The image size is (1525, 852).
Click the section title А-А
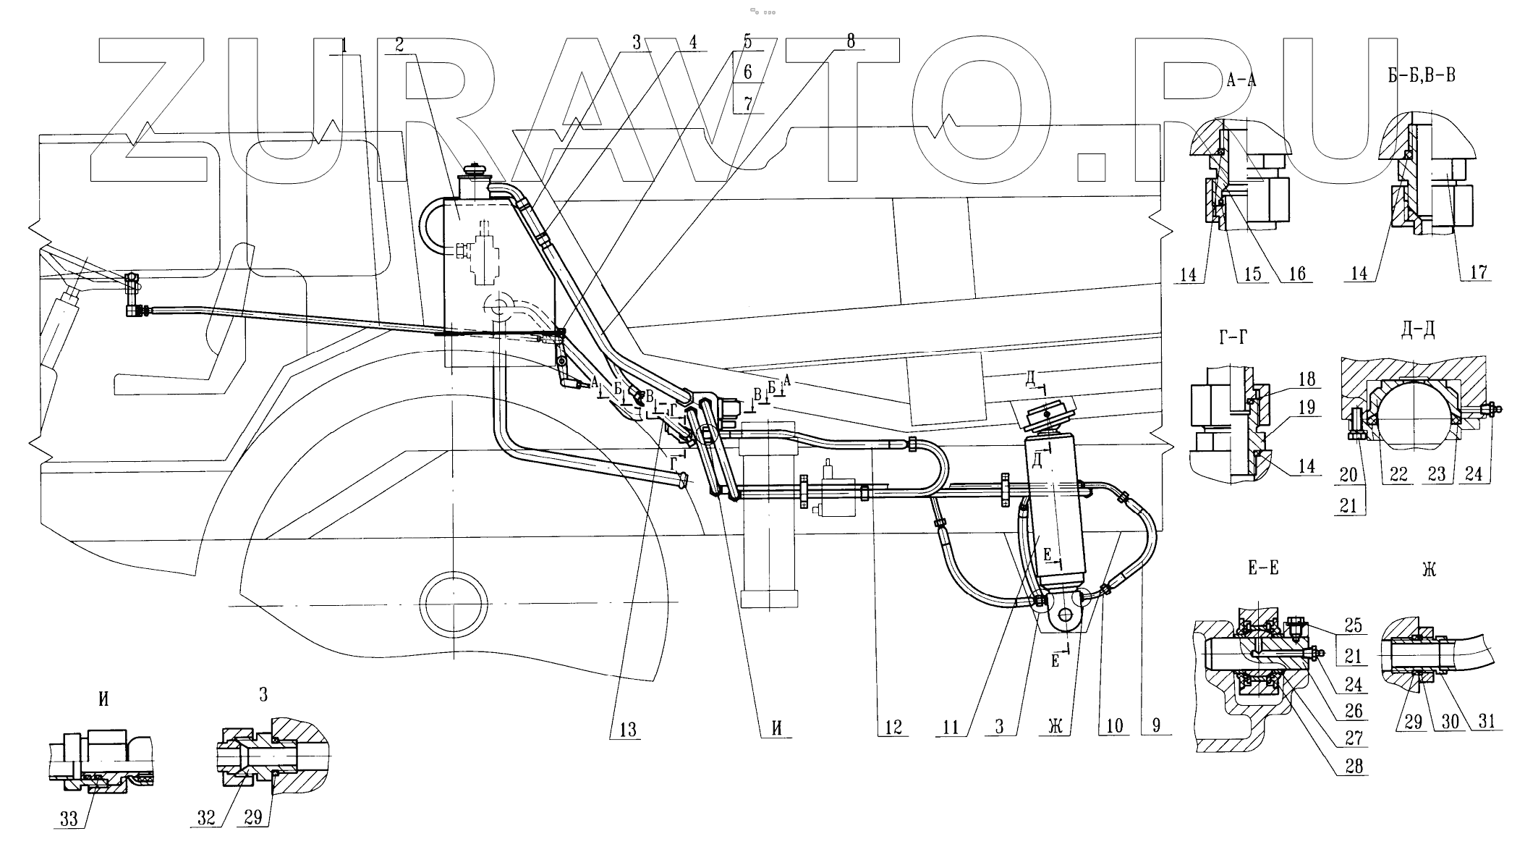(1241, 81)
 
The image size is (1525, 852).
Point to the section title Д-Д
(1418, 330)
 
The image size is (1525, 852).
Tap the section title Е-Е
(1263, 568)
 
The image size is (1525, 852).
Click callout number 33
(69, 819)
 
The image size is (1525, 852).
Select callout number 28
(1354, 766)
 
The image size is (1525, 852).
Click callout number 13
(628, 729)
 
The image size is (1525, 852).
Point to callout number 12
(893, 727)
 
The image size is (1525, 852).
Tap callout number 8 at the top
(850, 42)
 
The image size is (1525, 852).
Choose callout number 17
(1479, 272)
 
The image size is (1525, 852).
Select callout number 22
(1399, 474)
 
